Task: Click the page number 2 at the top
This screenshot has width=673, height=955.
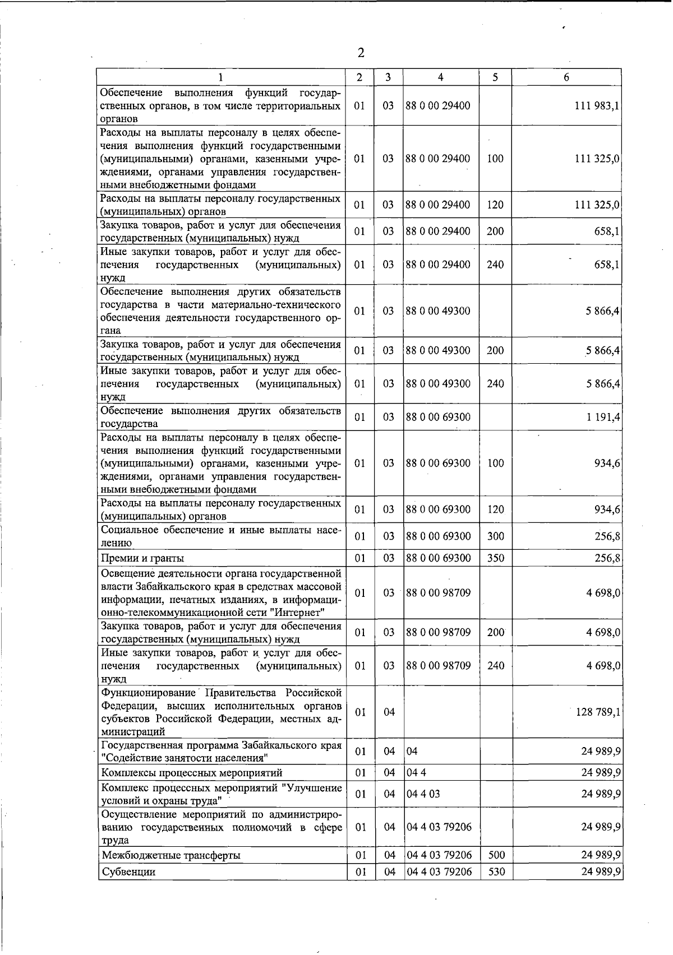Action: click(x=361, y=53)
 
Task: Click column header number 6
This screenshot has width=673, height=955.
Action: click(x=566, y=77)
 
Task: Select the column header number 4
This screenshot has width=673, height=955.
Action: click(x=441, y=77)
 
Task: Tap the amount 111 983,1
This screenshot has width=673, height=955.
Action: click(x=597, y=106)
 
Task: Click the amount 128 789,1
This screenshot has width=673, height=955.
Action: click(x=597, y=712)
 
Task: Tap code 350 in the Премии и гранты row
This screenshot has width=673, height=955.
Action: click(x=496, y=558)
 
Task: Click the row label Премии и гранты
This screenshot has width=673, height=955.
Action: click(x=142, y=558)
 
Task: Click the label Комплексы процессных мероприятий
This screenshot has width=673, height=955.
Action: click(x=192, y=773)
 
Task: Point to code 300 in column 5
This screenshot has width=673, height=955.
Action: click(x=496, y=536)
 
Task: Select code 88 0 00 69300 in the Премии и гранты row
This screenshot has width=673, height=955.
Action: click(x=438, y=558)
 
